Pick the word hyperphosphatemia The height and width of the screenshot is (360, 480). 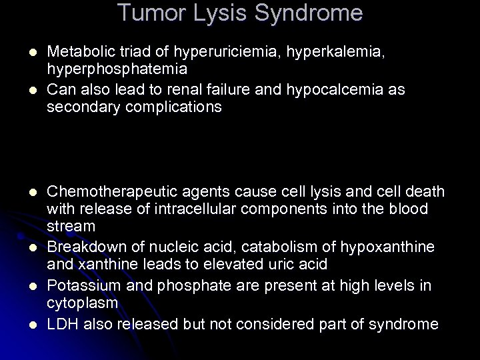coord(117,69)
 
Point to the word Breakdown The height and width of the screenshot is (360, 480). coord(83,248)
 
